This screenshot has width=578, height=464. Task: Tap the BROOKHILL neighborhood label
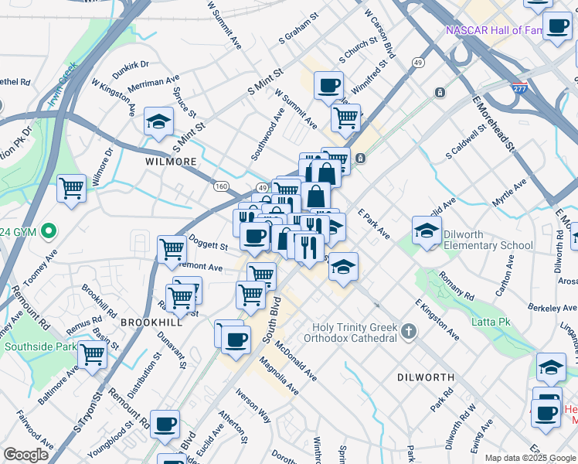(x=151, y=322)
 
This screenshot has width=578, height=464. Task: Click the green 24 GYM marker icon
(x=49, y=230)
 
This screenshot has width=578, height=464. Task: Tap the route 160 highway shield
(x=222, y=186)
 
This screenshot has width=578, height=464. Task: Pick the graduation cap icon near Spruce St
(x=158, y=122)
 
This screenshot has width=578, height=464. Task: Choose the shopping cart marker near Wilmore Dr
(x=72, y=188)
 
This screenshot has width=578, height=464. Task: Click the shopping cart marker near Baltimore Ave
(x=92, y=355)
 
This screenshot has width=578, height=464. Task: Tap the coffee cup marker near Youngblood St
(x=165, y=424)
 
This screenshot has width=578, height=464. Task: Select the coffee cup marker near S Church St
(x=328, y=84)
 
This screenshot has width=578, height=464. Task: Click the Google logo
(x=25, y=455)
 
